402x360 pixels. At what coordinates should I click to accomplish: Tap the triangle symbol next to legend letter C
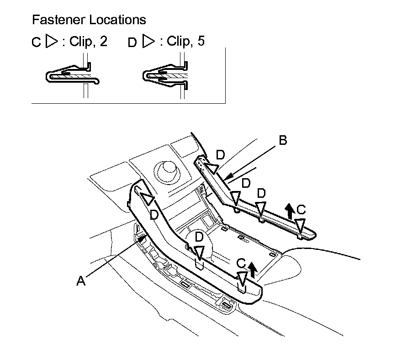(x=52, y=41)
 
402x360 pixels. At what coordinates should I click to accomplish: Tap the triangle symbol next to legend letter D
(x=149, y=41)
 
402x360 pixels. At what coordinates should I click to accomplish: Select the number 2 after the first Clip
(x=103, y=41)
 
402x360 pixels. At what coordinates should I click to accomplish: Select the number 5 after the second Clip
(x=201, y=41)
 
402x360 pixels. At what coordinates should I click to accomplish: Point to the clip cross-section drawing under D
(x=165, y=75)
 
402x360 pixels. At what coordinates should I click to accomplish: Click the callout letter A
(x=81, y=281)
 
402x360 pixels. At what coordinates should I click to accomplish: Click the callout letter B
(x=283, y=140)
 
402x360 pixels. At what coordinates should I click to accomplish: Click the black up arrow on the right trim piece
(x=290, y=211)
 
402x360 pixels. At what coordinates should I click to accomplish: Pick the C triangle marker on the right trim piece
(x=300, y=225)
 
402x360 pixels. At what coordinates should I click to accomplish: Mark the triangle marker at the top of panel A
(x=148, y=199)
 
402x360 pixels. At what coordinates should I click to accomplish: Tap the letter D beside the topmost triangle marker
(x=221, y=155)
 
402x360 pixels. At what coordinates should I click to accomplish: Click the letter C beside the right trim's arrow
(x=301, y=210)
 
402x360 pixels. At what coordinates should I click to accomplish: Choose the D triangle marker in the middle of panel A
(x=199, y=253)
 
